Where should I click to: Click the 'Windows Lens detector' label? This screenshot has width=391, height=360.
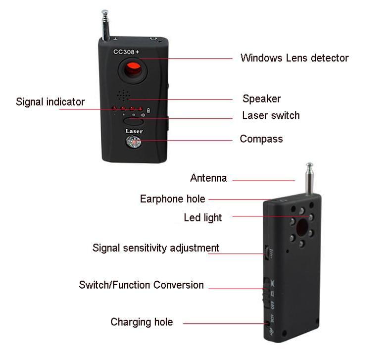tap(294, 58)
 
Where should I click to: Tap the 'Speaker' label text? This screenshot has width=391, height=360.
tap(261, 99)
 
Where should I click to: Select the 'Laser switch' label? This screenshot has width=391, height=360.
tap(270, 115)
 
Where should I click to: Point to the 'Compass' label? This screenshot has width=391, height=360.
tap(261, 139)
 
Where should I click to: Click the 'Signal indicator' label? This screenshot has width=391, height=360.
tap(50, 102)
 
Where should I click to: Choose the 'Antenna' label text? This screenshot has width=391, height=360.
tap(208, 178)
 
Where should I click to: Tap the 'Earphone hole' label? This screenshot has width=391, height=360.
tap(172, 199)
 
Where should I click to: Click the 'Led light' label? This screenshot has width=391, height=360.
tap(203, 217)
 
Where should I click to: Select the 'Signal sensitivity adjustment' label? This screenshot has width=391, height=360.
tap(155, 248)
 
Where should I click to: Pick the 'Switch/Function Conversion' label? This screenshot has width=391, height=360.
tap(141, 285)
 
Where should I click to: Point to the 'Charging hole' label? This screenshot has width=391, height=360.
tap(142, 322)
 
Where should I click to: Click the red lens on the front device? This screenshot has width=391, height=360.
tap(133, 70)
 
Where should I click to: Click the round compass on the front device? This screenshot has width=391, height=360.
tap(134, 143)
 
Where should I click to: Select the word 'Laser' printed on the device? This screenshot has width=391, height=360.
tap(134, 131)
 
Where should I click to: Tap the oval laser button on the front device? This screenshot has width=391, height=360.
tap(134, 120)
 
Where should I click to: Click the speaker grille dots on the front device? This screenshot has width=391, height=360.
tap(121, 94)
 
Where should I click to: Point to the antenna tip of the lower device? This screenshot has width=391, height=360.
tap(309, 165)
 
